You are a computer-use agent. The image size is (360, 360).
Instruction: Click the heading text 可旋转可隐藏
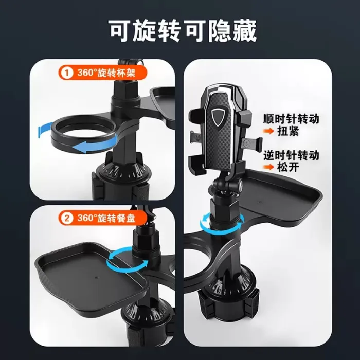point(183,31)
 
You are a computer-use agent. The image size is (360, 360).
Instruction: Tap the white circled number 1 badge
point(66,73)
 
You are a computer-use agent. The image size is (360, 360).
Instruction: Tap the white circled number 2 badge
point(66,218)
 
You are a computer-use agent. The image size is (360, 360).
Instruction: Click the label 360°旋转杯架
point(106,73)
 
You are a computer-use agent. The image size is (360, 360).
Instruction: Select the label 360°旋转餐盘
point(106,218)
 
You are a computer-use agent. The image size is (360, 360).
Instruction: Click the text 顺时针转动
point(291,119)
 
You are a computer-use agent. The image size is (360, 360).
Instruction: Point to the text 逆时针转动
point(291,155)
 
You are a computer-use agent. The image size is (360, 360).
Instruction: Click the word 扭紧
point(288,131)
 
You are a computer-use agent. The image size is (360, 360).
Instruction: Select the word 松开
point(288,167)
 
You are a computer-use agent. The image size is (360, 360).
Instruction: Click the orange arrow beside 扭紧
point(268,131)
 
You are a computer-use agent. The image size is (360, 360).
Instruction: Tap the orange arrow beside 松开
point(268,167)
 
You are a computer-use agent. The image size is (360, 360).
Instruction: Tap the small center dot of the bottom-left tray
point(97,278)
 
